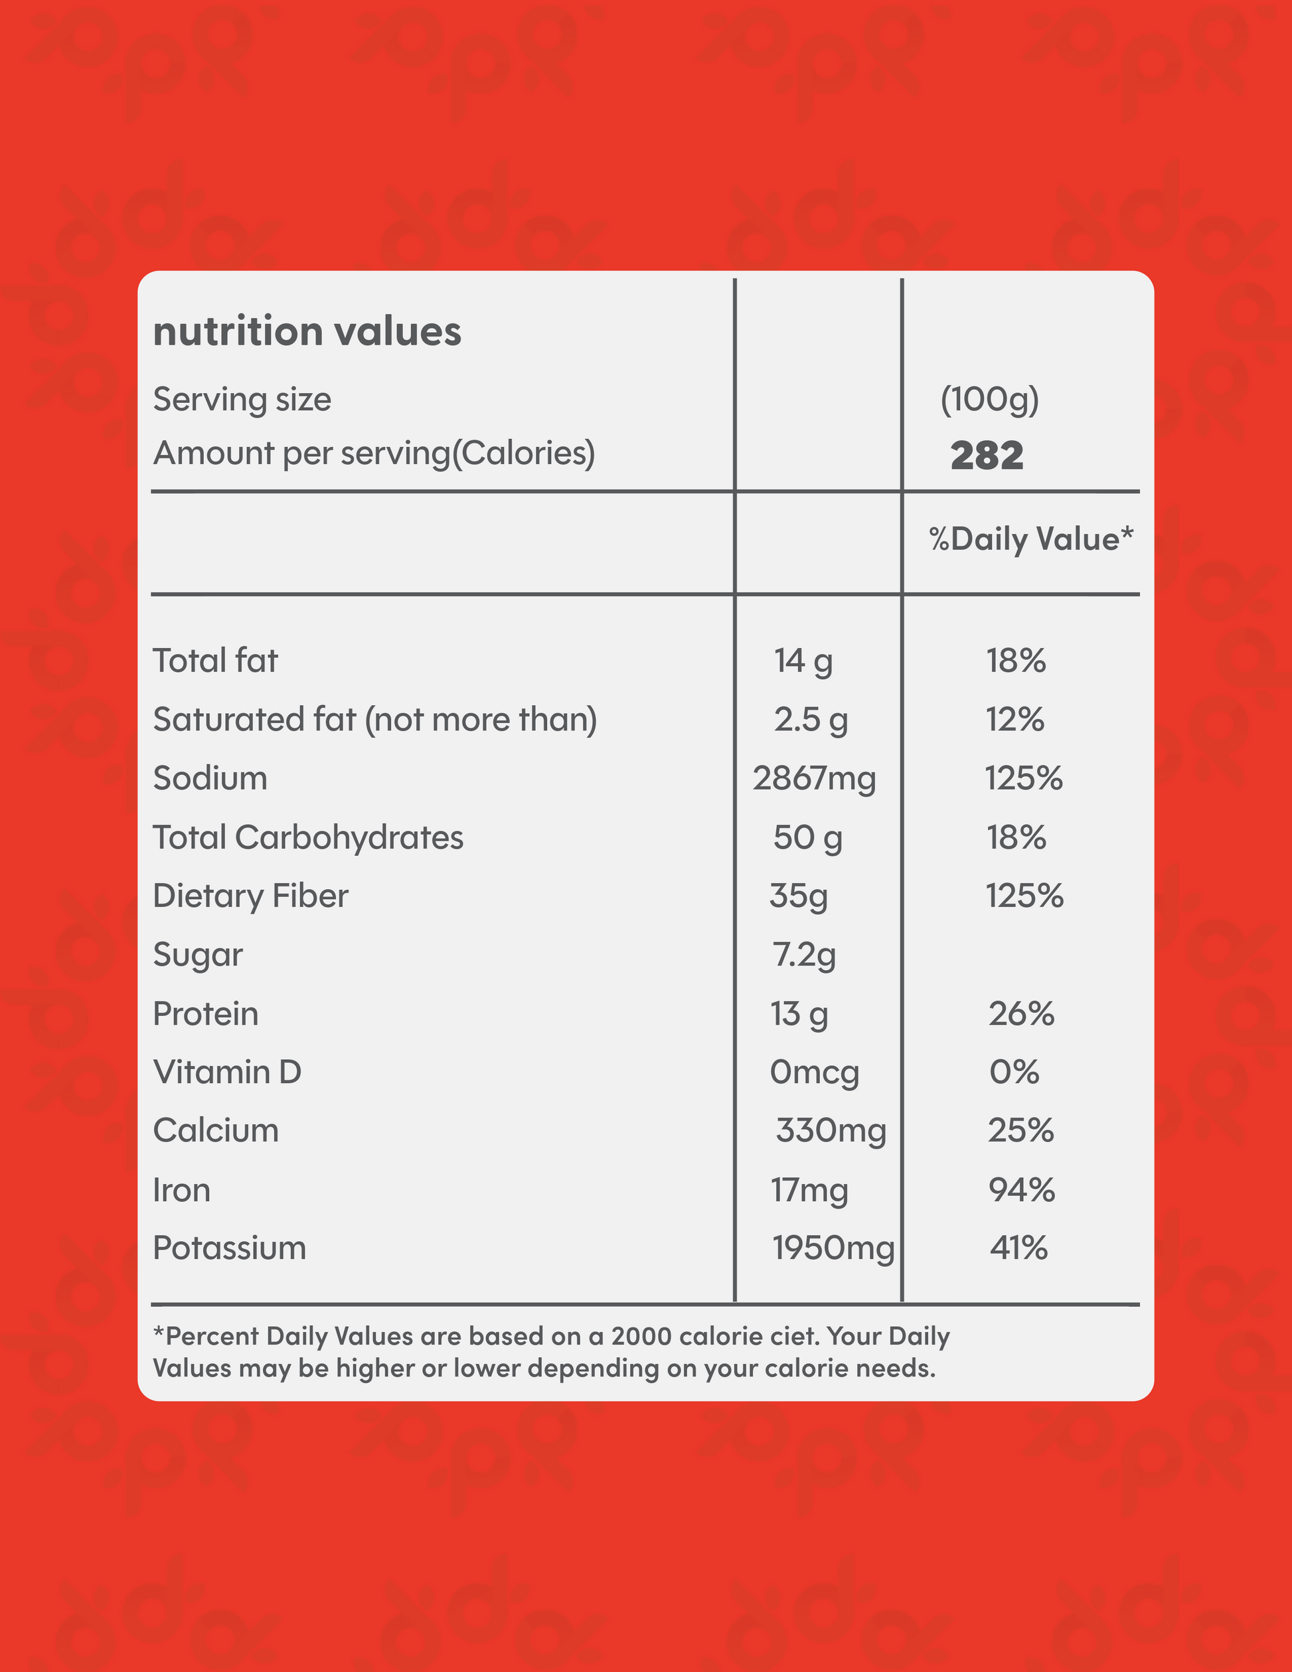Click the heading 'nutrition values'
pos(307,331)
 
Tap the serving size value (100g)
pos(989,399)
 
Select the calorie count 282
pos(987,456)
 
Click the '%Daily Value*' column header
pos(1030,539)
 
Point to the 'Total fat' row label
pos(215,660)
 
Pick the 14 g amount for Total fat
pos(803,660)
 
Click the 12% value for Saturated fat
pos(1015,720)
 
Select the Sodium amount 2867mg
pos(813,779)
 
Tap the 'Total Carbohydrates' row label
pos(307,837)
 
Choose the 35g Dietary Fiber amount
pos(798,896)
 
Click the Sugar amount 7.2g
pos(803,955)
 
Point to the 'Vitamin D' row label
pos(227,1072)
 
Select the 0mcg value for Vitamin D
pos(815,1072)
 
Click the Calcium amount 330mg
pos(831,1131)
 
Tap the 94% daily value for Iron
pos(1021,1190)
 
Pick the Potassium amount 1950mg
pos(833,1248)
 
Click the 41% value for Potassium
pos(1018,1248)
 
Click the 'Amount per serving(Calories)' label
pos(374,454)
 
